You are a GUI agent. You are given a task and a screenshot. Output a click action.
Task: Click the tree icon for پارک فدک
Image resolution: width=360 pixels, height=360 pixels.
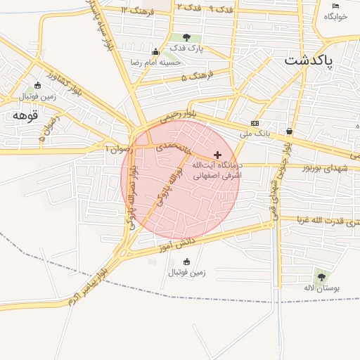click(x=186, y=37)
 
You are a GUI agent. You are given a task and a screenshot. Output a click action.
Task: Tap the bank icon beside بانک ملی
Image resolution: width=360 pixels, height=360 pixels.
click(x=255, y=123)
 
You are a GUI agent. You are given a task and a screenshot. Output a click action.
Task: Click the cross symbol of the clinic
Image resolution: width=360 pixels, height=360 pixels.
click(x=217, y=155)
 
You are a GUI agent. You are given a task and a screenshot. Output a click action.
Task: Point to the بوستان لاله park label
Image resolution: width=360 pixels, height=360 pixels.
click(x=326, y=288)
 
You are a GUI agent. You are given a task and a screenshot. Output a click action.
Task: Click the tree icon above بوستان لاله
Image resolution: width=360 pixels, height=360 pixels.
click(x=321, y=277)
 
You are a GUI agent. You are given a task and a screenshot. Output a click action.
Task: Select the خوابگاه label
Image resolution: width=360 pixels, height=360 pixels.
click(x=337, y=18)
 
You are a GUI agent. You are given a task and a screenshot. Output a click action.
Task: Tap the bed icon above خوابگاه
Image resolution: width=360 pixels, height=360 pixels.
click(x=335, y=6)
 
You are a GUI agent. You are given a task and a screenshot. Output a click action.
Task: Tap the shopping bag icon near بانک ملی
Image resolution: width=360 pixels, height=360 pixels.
click(x=290, y=131)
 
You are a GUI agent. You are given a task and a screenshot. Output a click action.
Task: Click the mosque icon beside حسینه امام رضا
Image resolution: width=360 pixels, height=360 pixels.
click(x=155, y=51)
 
